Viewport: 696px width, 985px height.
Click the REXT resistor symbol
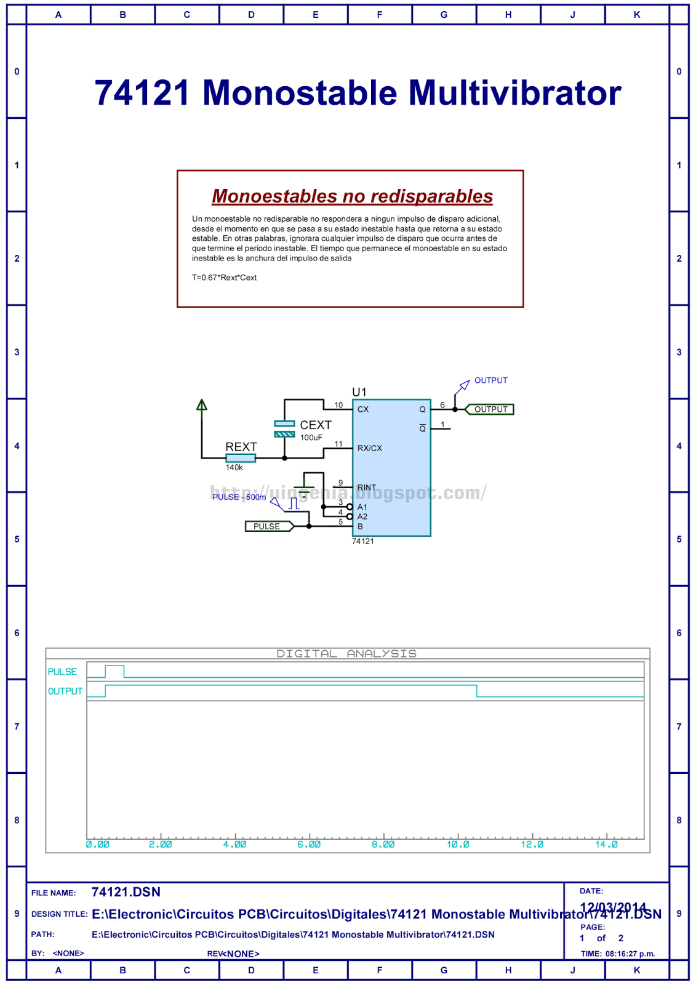[241, 458]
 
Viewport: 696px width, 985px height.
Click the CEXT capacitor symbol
[284, 428]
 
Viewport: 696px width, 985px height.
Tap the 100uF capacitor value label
[311, 438]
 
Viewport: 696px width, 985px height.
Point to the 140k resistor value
[234, 468]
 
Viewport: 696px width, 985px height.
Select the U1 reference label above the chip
[359, 392]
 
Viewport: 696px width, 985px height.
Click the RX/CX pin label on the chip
[370, 448]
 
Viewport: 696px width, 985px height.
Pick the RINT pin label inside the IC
[367, 488]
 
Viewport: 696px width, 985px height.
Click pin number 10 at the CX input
[338, 405]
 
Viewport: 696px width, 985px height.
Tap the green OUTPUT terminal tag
[490, 409]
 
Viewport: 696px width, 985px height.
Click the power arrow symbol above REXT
[202, 405]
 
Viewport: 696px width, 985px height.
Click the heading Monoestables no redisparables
[353, 196]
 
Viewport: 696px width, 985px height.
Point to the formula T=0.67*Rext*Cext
[225, 278]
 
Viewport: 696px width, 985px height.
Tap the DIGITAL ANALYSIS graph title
[347, 654]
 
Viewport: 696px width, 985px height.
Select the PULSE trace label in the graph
[63, 672]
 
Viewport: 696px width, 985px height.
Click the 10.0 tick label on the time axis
[458, 845]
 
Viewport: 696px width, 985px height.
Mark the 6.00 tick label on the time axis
[309, 845]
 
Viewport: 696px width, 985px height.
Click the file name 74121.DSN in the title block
[126, 892]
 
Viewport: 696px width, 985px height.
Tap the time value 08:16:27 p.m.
[630, 954]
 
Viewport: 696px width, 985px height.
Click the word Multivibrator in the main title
[514, 94]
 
